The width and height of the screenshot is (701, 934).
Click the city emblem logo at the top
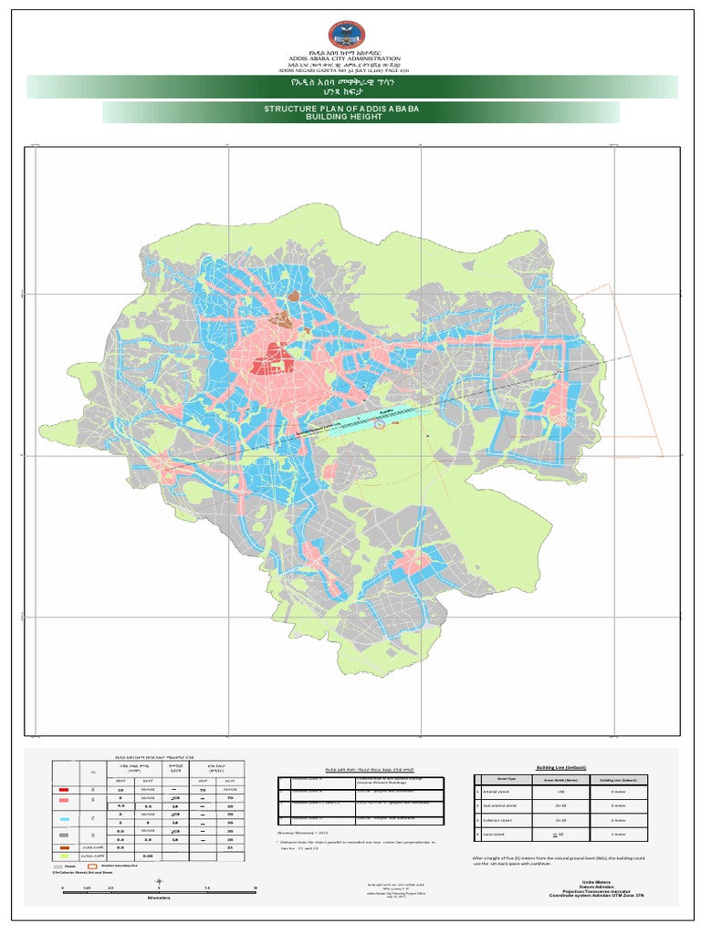350,35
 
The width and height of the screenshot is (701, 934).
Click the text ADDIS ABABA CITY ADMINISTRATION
350,59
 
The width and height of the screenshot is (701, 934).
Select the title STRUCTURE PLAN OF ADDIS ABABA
354,109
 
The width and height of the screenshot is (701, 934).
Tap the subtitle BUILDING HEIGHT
354,118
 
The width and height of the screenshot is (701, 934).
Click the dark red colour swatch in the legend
63,790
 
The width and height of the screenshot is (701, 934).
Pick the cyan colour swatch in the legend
63,820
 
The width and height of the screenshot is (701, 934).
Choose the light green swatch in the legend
63,856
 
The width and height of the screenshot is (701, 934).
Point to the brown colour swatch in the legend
63,847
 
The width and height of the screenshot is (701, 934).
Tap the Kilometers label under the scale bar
159,898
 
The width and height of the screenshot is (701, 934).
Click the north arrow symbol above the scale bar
160,880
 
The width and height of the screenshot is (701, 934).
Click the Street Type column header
507,780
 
